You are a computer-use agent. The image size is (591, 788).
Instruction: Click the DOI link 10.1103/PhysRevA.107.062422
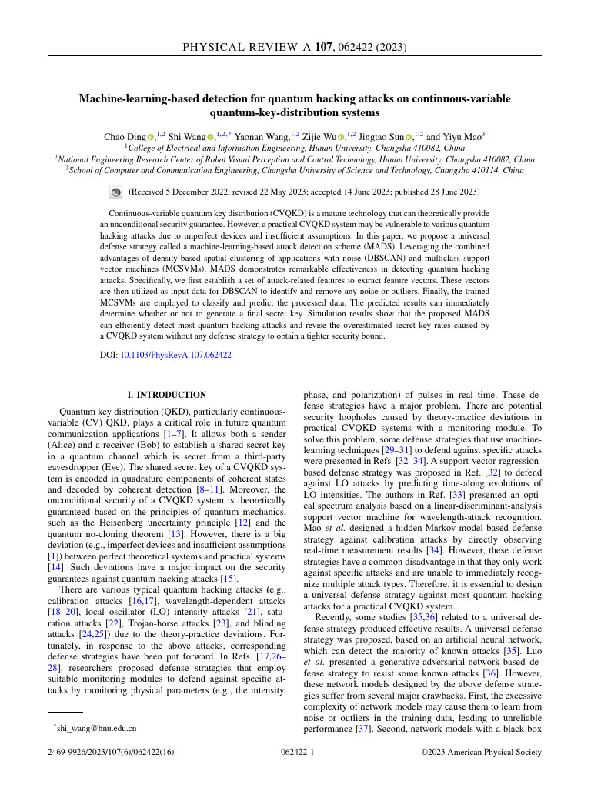176,355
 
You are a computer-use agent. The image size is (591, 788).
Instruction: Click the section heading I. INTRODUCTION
167,395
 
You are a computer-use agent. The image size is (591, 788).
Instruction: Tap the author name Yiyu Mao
461,136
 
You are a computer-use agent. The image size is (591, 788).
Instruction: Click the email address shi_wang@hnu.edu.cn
95,727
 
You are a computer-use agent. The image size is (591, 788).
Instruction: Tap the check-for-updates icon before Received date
116,192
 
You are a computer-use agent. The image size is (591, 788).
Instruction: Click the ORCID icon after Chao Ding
152,137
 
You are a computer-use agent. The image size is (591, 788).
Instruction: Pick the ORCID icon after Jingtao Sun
409,137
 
